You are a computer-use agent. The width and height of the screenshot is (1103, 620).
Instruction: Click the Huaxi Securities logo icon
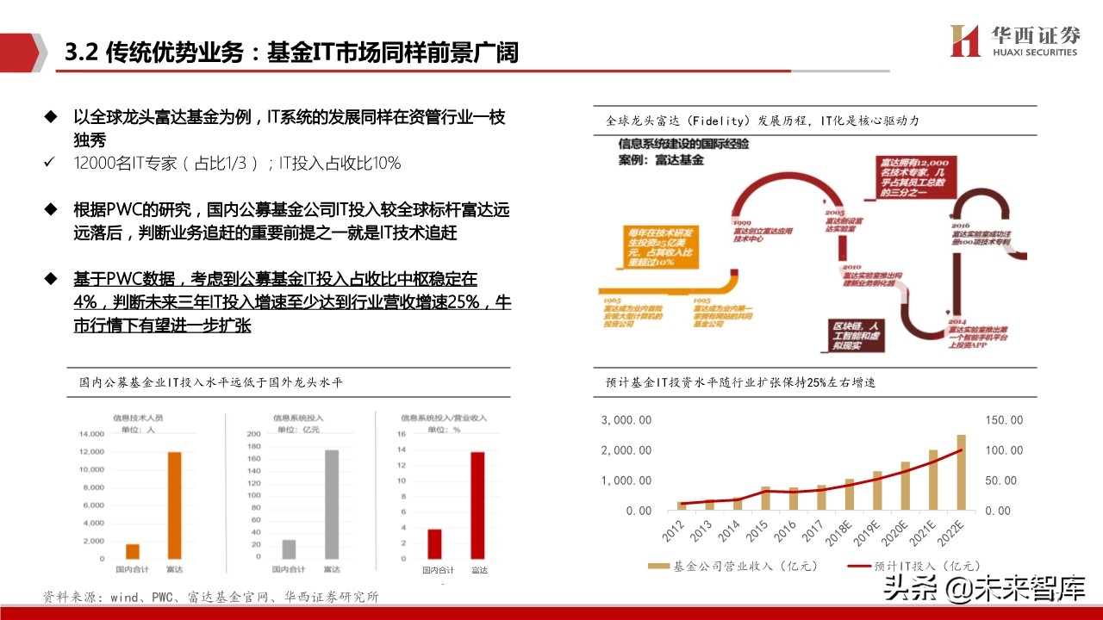click(x=965, y=40)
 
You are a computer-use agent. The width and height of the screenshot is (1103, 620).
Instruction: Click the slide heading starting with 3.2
click(x=292, y=53)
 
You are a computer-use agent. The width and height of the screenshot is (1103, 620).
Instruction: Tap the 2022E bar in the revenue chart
click(x=962, y=472)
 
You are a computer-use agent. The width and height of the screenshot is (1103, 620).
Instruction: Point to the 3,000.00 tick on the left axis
click(x=626, y=419)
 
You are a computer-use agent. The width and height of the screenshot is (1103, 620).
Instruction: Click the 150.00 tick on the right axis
click(x=1004, y=419)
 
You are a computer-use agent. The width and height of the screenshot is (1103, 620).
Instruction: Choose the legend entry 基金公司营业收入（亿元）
click(x=732, y=566)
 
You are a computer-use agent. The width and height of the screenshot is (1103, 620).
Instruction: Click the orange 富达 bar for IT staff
click(x=175, y=505)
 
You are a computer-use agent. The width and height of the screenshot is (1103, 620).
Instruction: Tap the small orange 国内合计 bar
click(x=133, y=551)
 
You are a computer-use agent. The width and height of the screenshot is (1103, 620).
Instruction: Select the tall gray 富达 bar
click(x=332, y=504)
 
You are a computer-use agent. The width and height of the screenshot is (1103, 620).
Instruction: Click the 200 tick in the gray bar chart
click(x=253, y=435)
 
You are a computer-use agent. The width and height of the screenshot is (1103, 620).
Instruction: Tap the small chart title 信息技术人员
click(x=138, y=418)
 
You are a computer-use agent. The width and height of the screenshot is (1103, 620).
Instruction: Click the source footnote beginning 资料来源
click(x=211, y=597)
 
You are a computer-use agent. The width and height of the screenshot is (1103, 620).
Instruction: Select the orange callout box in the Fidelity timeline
click(x=664, y=250)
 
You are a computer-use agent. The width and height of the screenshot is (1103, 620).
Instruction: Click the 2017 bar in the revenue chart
click(x=821, y=497)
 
